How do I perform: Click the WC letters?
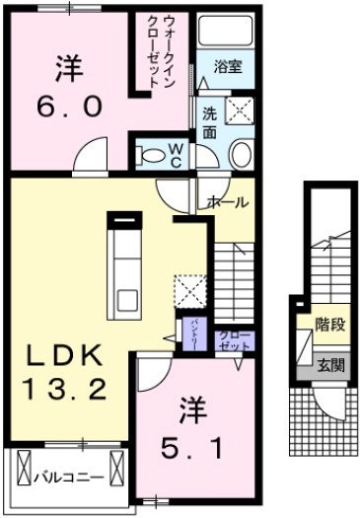174,156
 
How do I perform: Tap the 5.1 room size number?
192,446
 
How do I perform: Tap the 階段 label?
329,323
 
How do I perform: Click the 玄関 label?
331,364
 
